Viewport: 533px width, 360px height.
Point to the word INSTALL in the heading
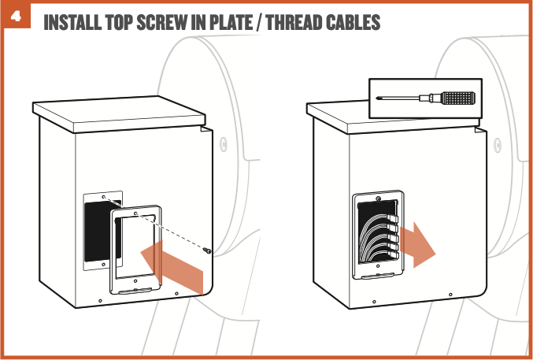click(76, 23)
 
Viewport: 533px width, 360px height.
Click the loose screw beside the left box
click(208, 251)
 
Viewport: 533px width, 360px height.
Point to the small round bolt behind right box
click(498, 143)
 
